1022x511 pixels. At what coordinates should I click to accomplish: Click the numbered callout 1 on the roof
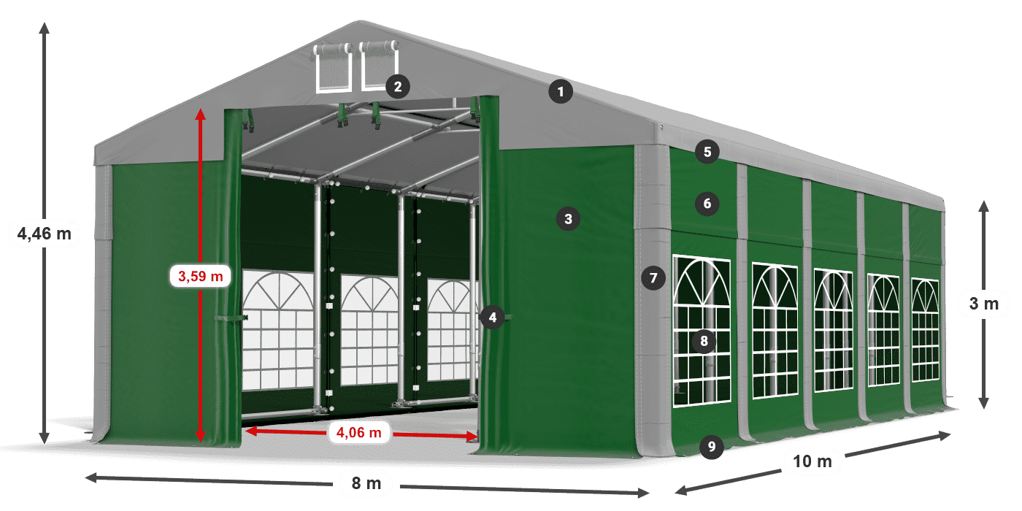[x=561, y=92]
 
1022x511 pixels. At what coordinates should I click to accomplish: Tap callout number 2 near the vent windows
[x=397, y=87]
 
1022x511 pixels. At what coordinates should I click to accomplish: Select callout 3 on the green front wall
[x=568, y=218]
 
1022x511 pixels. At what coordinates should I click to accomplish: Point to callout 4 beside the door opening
[x=493, y=317]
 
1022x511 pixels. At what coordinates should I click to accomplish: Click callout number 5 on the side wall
[x=707, y=152]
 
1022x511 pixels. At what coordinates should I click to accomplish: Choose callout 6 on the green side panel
[x=707, y=203]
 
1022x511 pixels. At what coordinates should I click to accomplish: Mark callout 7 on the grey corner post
[x=653, y=277]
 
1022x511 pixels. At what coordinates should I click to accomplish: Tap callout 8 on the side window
[x=704, y=340]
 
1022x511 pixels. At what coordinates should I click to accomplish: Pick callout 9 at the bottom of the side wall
[x=711, y=446]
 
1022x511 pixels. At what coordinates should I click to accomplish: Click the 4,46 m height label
[x=44, y=234]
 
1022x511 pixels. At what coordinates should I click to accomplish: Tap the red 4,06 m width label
[x=358, y=433]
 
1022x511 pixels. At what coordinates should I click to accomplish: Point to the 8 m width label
[x=366, y=483]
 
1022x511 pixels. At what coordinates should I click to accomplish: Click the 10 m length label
[x=812, y=461]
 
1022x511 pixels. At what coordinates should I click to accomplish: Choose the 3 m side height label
[x=983, y=304]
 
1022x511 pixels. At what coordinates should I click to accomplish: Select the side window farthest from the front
[x=925, y=330]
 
